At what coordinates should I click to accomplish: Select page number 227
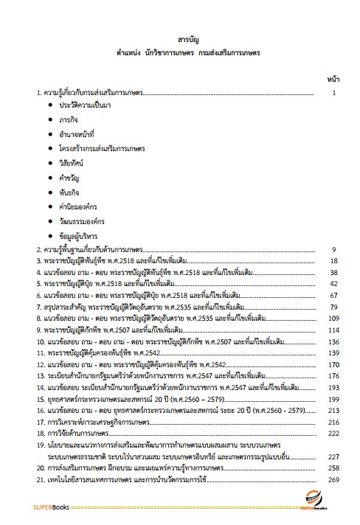coord(333,456)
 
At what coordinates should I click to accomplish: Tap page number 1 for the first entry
coord(334,94)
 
